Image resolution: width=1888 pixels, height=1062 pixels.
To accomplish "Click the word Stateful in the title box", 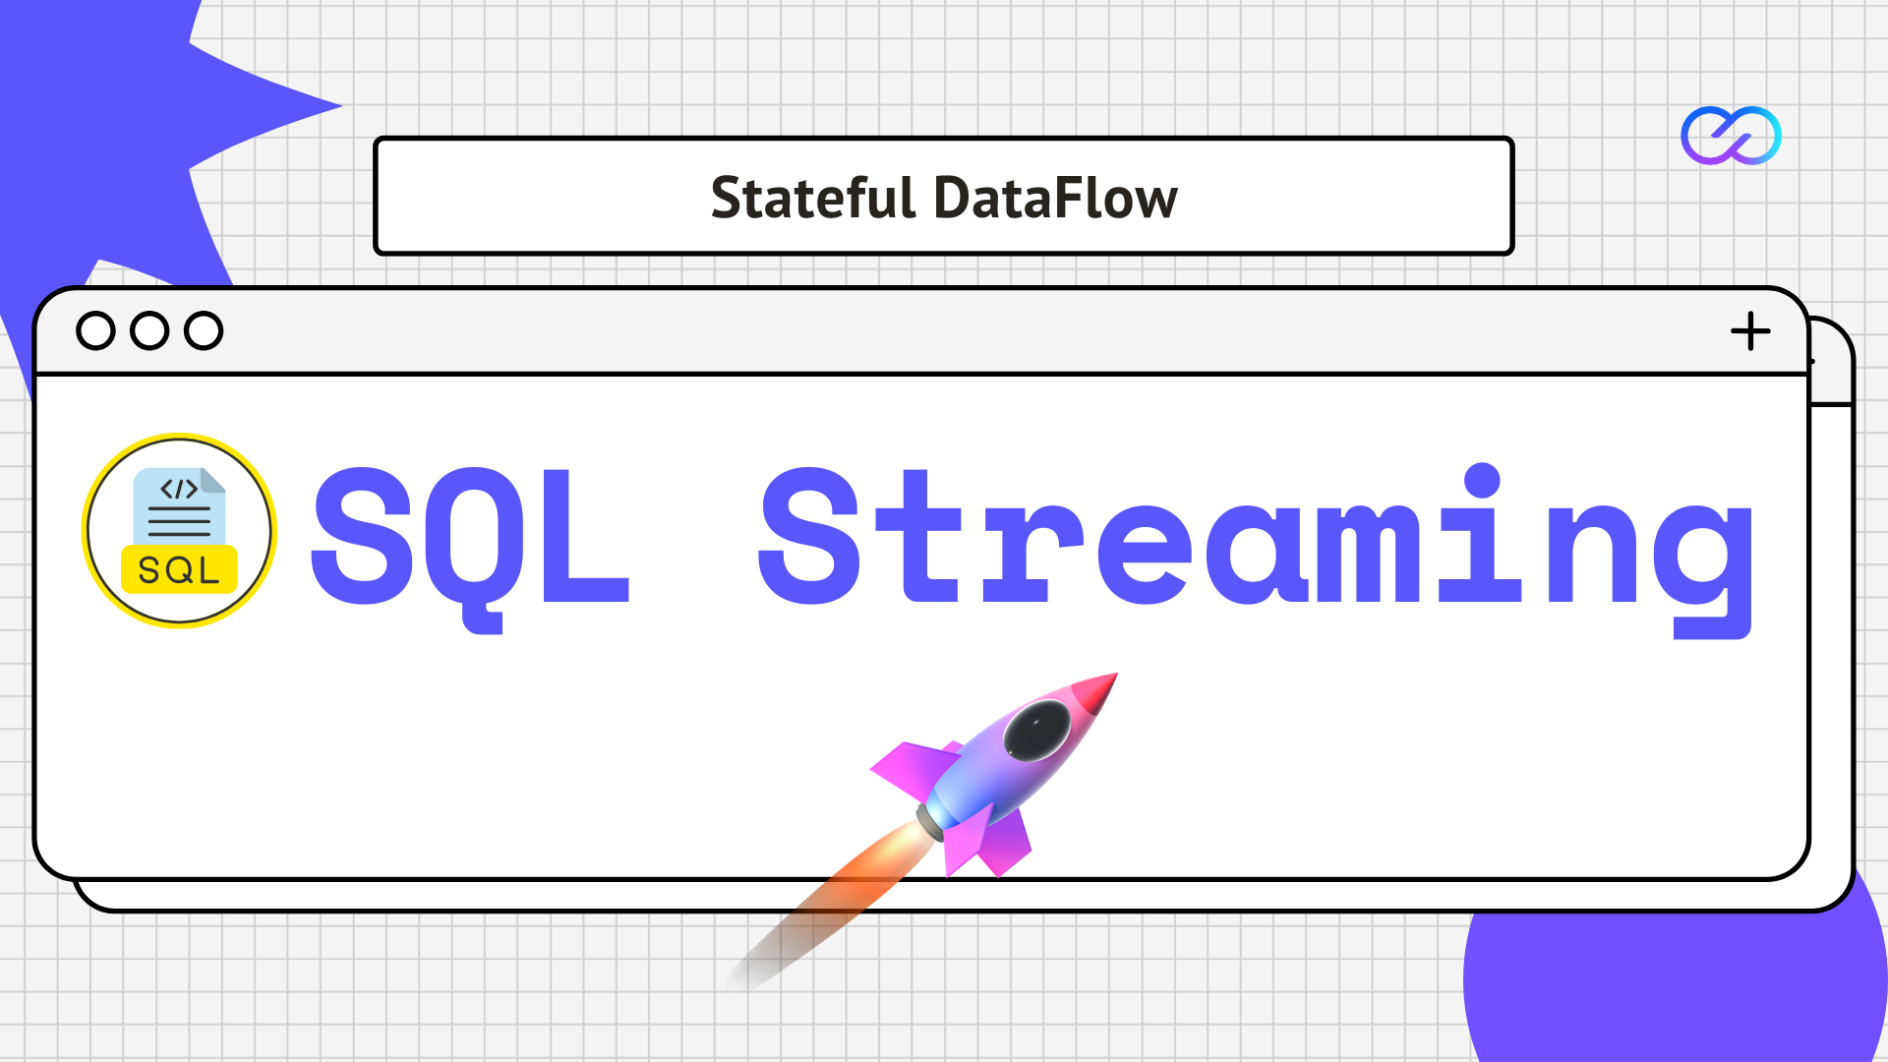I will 812,198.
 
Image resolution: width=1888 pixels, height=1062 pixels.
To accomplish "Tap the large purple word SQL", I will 470,539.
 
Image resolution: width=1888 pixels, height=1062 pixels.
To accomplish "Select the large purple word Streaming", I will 1256,539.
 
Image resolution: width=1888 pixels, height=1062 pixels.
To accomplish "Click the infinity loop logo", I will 1731,136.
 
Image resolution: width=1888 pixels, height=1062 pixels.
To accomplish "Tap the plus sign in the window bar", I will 1750,331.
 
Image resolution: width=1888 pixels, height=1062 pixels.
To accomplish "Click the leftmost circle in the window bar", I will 95,331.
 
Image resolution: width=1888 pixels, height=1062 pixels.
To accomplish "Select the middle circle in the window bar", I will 149,331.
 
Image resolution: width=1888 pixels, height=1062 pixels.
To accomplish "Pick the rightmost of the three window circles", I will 204,331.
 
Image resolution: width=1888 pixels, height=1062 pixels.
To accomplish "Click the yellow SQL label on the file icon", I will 179,570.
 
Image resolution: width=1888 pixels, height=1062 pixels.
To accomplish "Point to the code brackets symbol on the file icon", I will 179,489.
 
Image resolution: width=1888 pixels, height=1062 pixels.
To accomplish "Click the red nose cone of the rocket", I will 1096,691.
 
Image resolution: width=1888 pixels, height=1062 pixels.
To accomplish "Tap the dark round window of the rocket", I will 1036,732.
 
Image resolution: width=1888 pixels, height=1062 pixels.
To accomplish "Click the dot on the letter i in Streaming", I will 1482,480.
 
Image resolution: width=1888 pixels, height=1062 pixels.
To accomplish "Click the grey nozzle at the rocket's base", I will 930,820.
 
